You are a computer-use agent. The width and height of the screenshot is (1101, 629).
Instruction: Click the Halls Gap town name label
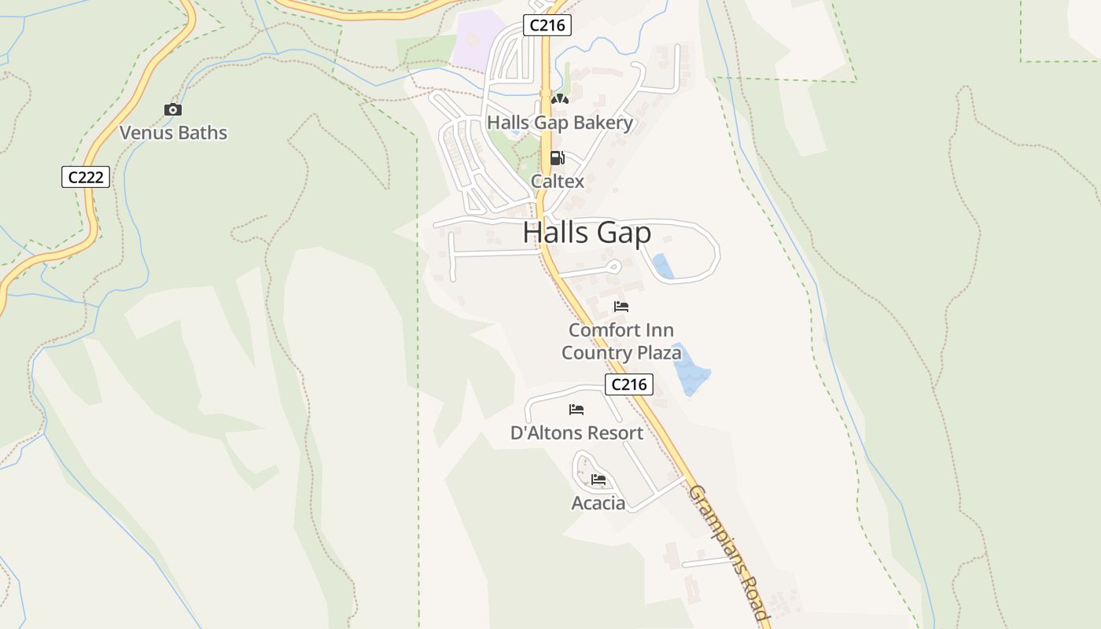pos(587,234)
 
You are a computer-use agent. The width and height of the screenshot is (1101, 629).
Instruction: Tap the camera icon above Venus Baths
pos(173,110)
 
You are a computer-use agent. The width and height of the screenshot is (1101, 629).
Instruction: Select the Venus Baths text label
pos(173,133)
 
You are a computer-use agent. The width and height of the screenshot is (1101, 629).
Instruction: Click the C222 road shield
pos(86,177)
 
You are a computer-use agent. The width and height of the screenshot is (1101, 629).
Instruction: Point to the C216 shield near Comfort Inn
pos(629,384)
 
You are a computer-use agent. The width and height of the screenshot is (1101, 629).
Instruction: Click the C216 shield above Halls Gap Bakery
pos(547,25)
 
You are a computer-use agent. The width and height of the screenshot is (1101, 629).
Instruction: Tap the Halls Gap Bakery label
pos(560,123)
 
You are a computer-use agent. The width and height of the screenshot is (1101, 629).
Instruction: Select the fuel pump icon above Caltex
pos(557,158)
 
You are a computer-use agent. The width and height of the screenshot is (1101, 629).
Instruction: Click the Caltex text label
pos(558,182)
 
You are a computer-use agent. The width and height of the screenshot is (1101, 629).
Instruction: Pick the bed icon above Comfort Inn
pos(621,307)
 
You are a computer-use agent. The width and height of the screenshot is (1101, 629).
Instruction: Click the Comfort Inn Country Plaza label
pos(621,341)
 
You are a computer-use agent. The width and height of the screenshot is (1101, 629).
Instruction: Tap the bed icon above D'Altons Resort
pos(576,410)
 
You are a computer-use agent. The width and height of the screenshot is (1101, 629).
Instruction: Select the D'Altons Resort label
pos(576,433)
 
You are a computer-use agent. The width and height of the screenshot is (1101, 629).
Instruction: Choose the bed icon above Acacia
pos(598,480)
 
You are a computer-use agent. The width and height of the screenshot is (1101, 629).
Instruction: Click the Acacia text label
pos(598,503)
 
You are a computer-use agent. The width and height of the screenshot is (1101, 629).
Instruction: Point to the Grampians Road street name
pos(727,554)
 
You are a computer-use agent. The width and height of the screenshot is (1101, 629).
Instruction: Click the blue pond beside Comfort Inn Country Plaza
pos(690,370)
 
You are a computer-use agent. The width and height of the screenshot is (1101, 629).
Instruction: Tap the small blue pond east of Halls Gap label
pos(662,267)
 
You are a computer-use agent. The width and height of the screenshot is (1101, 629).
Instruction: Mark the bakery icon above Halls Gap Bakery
pos(559,99)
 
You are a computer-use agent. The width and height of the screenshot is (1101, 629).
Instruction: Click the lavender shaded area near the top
pos(477,39)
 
